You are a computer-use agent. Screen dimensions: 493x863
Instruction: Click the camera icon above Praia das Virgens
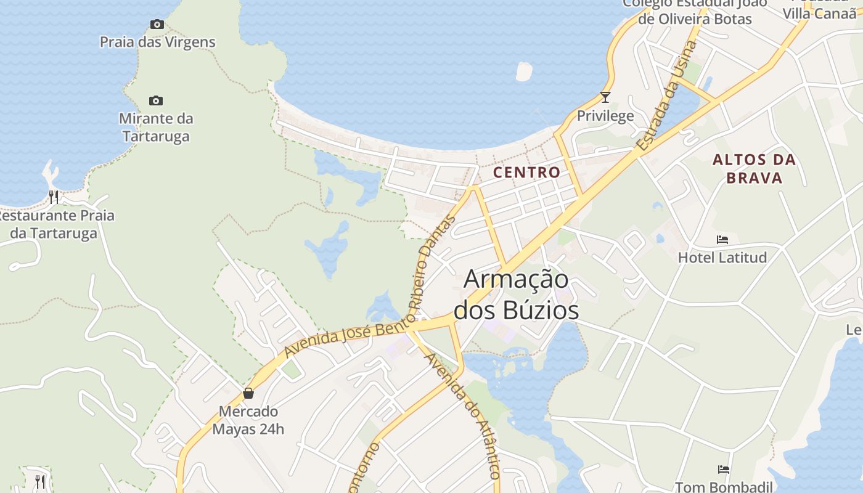point(157,25)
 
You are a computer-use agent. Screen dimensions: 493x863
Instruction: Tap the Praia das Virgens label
point(158,42)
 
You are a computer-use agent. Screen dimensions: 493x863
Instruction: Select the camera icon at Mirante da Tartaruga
point(156,100)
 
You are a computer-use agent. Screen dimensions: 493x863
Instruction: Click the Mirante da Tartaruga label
point(156,127)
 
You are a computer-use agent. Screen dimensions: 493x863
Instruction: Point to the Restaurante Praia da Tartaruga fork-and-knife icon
point(54,197)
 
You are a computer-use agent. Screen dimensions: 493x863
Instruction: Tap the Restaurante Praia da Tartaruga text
point(55,224)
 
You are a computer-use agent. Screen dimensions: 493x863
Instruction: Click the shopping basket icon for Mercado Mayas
point(248,393)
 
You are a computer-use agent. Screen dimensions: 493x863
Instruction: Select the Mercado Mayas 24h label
point(248,420)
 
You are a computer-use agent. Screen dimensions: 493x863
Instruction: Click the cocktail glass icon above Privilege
point(605,97)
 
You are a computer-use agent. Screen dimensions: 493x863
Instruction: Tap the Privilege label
point(605,115)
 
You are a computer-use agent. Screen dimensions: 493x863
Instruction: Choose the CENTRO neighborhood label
point(527,173)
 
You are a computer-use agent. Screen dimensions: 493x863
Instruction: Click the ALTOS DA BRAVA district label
point(755,169)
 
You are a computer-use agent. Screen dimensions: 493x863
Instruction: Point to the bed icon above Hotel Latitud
point(722,239)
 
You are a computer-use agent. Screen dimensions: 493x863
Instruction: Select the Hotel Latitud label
point(722,257)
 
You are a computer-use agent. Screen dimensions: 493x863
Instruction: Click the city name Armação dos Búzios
point(517,294)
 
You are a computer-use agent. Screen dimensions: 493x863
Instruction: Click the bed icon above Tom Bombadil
point(724,470)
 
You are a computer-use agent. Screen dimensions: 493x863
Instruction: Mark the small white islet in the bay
point(523,71)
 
